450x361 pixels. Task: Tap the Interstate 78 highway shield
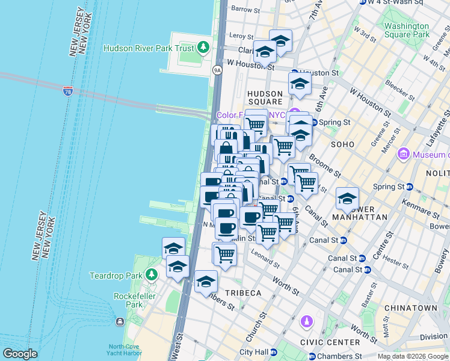(x=67, y=91)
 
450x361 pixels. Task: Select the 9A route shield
(x=218, y=70)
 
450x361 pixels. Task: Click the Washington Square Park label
(x=407, y=30)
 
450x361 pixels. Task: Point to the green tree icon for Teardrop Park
(x=152, y=275)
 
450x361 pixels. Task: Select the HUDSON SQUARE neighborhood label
(x=265, y=98)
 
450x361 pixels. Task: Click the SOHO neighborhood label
(x=342, y=144)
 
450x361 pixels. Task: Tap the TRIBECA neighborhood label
(x=243, y=292)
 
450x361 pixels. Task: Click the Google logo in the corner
(x=20, y=354)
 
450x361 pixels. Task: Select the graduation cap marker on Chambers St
(x=206, y=282)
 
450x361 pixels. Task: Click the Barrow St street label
(x=245, y=10)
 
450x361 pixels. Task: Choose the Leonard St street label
(x=266, y=258)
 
